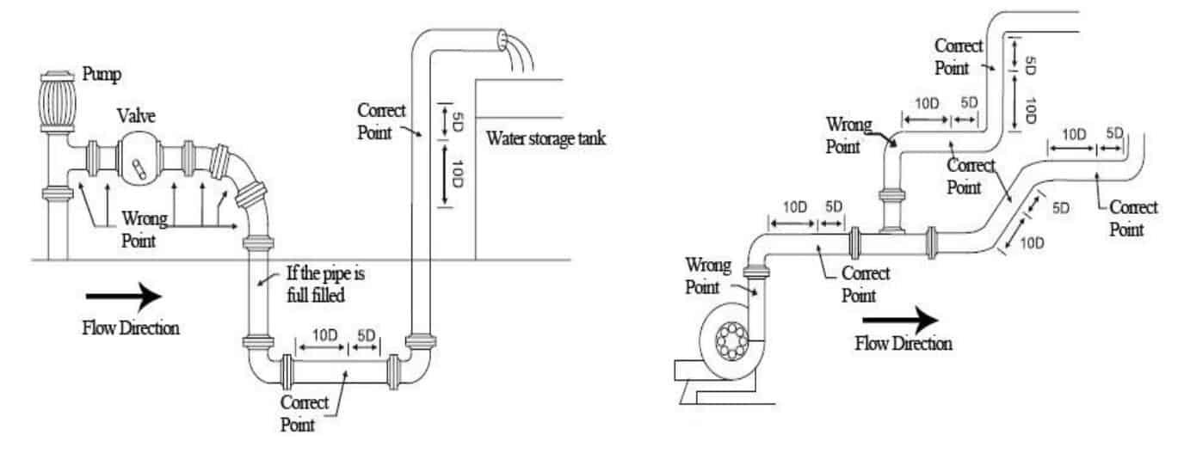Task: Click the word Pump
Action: pyautogui.click(x=102, y=74)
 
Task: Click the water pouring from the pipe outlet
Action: pyautogui.click(x=520, y=53)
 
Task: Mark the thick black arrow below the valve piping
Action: pyautogui.click(x=124, y=297)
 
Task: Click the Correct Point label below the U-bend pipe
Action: pyautogui.click(x=305, y=413)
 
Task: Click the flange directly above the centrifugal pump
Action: pyautogui.click(x=755, y=274)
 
